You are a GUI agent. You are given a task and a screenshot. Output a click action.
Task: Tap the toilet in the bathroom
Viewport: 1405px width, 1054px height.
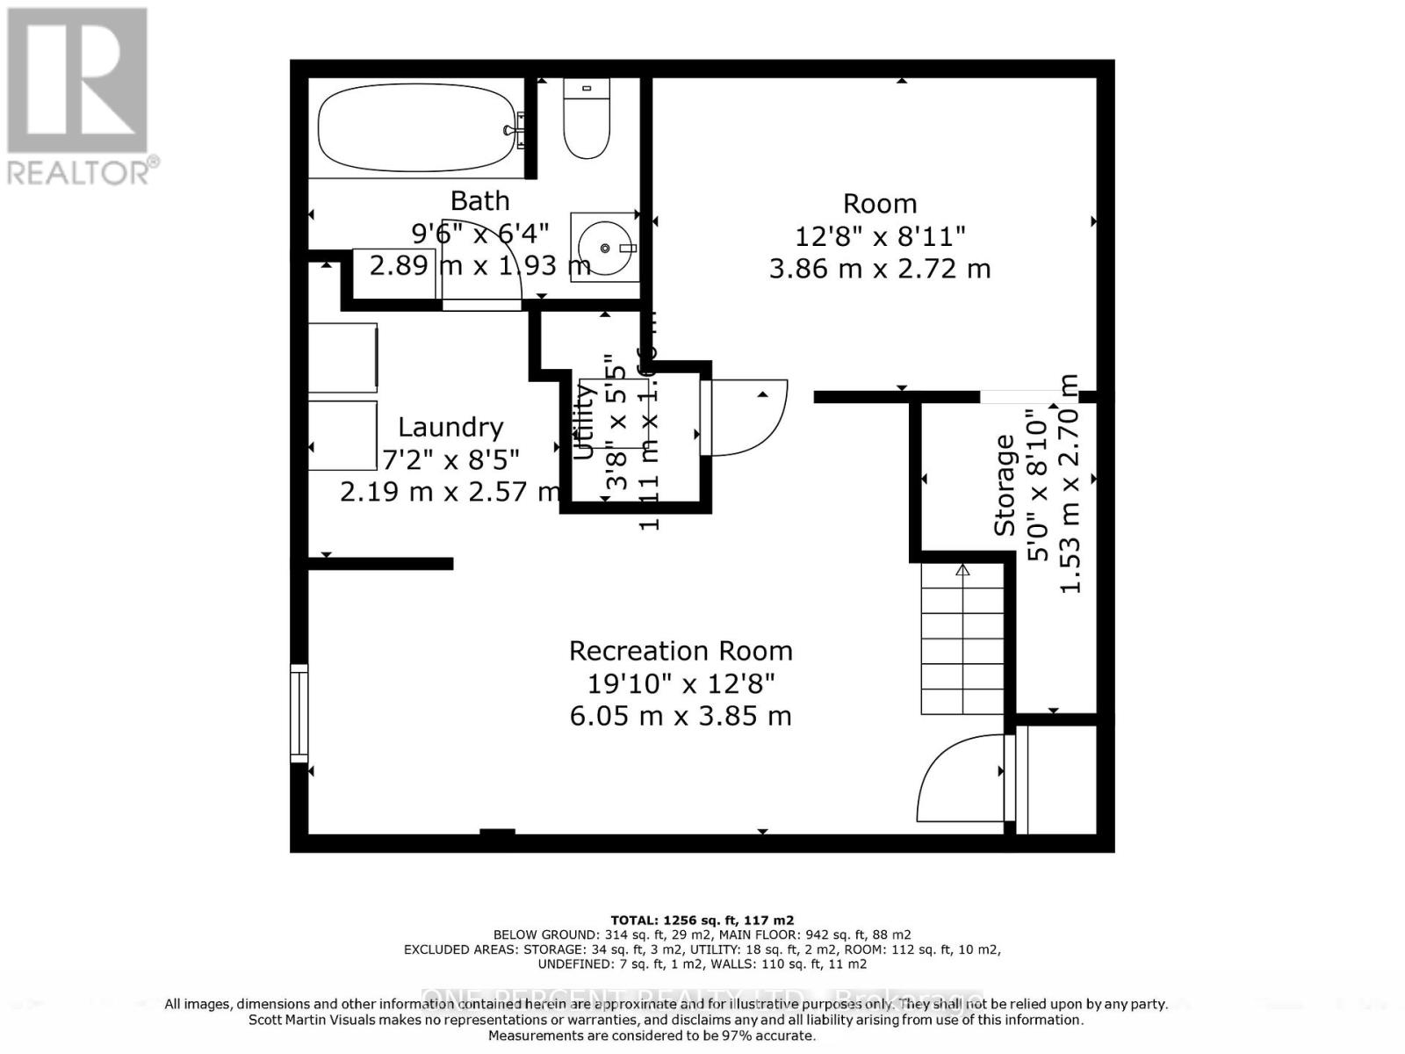pos(586,123)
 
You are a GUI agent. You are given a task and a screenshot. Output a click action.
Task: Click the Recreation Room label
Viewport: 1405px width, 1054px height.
pos(681,651)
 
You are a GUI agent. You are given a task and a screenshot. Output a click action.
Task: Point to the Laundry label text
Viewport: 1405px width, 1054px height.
pos(450,428)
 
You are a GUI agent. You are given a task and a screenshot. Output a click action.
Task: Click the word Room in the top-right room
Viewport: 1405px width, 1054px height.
pos(880,204)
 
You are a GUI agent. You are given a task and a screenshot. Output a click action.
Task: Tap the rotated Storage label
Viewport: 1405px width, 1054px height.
pos(1005,485)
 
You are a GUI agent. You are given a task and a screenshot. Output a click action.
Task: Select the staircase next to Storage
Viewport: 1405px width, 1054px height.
pos(962,639)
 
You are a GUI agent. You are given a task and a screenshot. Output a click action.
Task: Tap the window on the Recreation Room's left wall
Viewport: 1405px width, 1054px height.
pos(299,712)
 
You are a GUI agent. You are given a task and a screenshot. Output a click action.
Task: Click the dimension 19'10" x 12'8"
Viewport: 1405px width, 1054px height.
pos(681,683)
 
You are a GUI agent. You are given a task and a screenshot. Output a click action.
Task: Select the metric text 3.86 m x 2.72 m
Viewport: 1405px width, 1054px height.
pos(880,269)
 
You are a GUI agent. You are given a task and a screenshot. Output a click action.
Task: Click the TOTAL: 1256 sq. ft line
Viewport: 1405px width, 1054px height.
pos(702,920)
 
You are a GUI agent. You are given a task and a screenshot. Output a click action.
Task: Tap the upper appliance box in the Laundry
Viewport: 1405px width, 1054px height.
pos(342,357)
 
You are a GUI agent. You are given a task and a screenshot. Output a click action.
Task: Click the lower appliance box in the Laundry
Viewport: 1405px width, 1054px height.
pos(342,436)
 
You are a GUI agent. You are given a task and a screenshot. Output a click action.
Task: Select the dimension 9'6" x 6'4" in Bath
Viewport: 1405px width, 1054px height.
pos(480,234)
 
